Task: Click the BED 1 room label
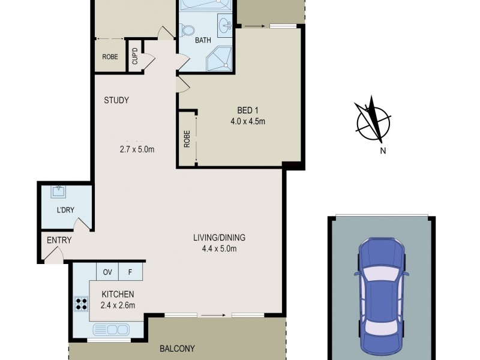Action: tap(248, 110)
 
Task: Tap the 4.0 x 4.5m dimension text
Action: tap(248, 121)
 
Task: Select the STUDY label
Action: tap(116, 100)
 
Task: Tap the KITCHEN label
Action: tap(118, 294)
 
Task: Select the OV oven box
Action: tap(109, 271)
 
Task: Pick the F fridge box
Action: tap(130, 271)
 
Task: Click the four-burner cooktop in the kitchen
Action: tap(80, 304)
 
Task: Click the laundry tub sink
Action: tap(59, 192)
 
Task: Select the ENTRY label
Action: tap(59, 241)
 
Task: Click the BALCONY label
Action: tap(177, 348)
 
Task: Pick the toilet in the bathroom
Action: tap(188, 29)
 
